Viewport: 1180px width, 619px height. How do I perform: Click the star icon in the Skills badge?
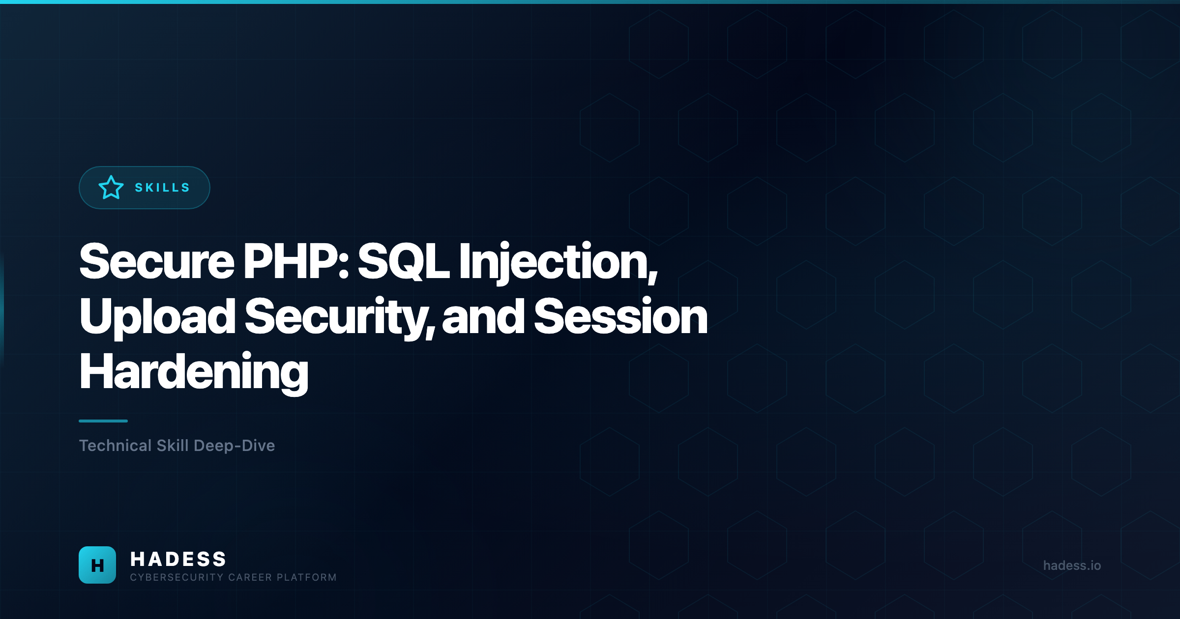111,188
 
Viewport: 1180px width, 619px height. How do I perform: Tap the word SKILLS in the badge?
162,188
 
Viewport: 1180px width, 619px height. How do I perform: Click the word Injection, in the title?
558,263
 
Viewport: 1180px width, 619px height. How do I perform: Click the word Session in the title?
620,317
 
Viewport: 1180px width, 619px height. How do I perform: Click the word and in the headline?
483,317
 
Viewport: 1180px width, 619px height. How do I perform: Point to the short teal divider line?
103,421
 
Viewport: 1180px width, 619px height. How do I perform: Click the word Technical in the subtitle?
116,446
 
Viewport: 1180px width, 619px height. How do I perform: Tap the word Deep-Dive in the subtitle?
234,446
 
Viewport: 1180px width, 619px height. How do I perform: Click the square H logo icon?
97,565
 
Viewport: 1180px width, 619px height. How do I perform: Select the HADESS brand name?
178,559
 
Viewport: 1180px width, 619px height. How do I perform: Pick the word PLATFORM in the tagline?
307,578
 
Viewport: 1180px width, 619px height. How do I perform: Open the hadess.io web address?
1072,565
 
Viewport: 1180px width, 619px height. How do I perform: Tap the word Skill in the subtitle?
173,446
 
